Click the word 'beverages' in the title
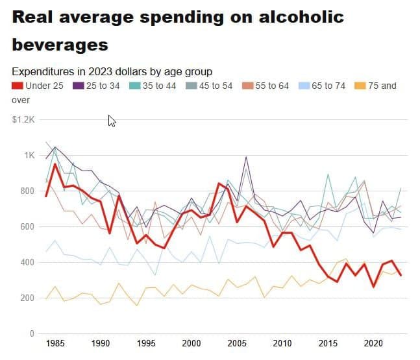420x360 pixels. (60, 45)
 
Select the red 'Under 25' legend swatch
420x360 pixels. (18, 86)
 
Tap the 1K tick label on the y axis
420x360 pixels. (29, 155)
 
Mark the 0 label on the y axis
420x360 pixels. (31, 333)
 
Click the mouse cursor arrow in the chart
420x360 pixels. (112, 121)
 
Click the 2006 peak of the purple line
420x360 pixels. (246, 157)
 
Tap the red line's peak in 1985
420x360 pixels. (55, 164)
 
